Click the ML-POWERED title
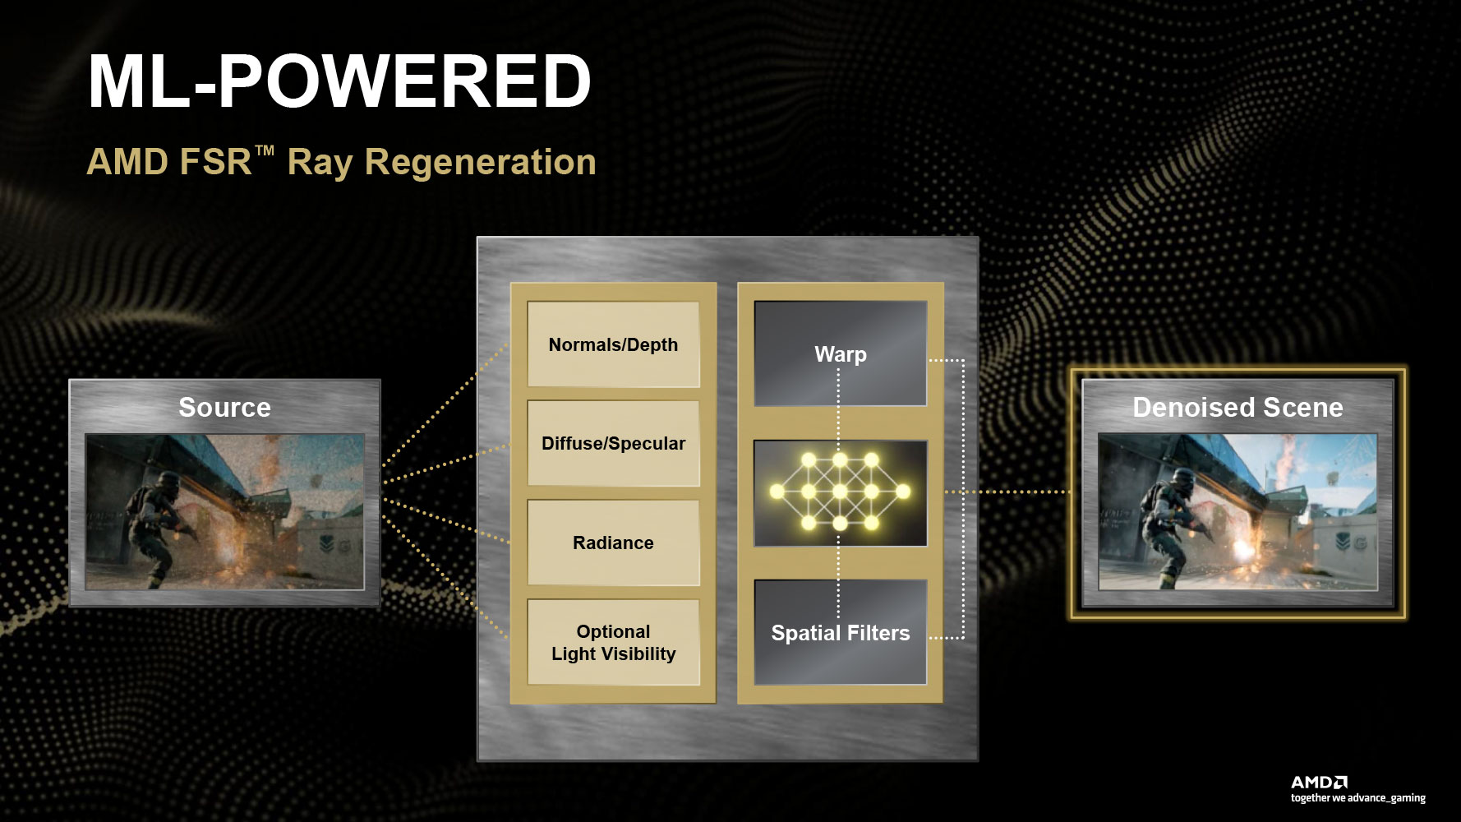coord(339,81)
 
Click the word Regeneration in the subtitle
coord(480,163)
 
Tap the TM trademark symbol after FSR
coord(265,151)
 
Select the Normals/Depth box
coord(613,344)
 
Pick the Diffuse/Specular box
coord(613,444)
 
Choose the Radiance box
coord(613,543)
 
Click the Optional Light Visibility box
coord(613,642)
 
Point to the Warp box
coord(841,353)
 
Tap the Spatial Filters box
coord(841,632)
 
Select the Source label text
coord(224,407)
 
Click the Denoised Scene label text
coord(1237,407)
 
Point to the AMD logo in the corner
coord(1319,782)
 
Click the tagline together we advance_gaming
coord(1357,798)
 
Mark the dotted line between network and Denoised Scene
coord(1007,492)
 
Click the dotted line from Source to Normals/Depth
coord(445,404)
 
